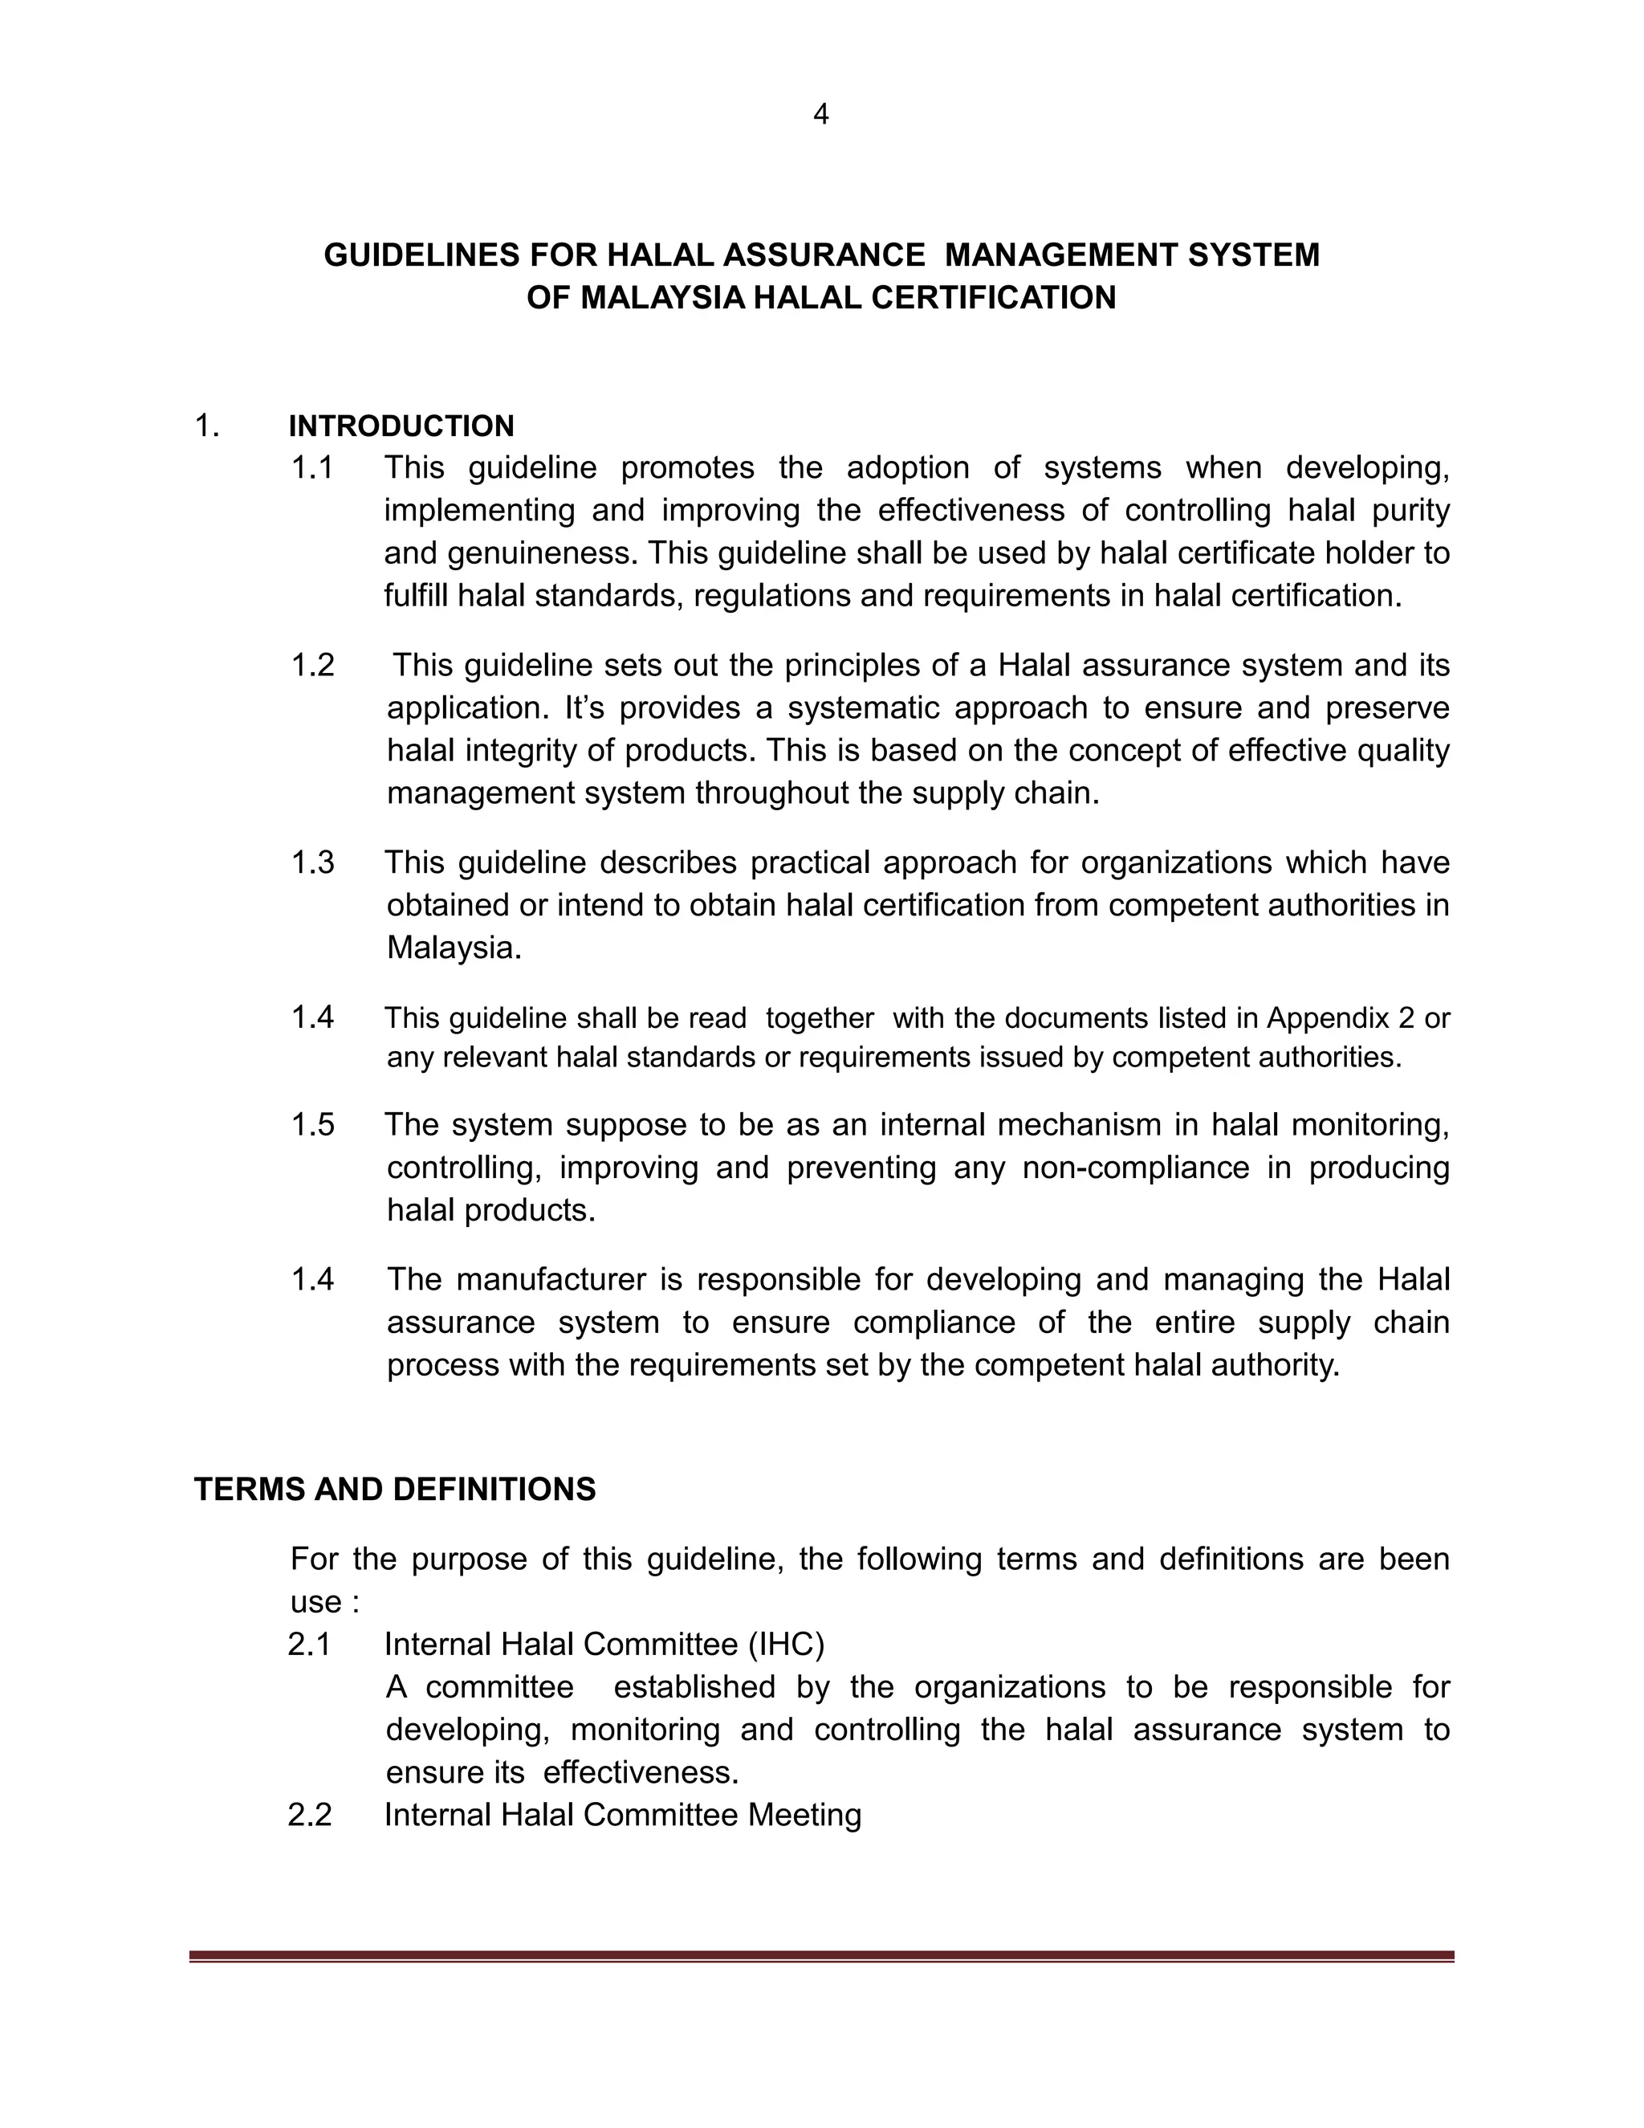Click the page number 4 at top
(x=820, y=115)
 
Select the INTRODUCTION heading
(x=401, y=426)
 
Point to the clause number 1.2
(x=311, y=666)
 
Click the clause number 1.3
(x=311, y=863)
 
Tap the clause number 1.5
(x=311, y=1125)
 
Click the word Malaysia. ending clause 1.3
(x=454, y=948)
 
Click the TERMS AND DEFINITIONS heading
(x=394, y=1490)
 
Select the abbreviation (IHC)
(x=786, y=1645)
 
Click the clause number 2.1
(x=310, y=1645)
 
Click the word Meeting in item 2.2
(x=804, y=1816)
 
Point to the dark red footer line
(x=821, y=1956)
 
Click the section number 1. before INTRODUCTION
(x=206, y=426)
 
